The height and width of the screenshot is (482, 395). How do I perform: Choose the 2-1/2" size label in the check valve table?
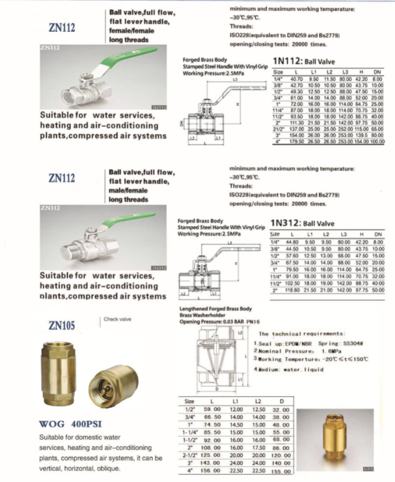pos(189,455)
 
